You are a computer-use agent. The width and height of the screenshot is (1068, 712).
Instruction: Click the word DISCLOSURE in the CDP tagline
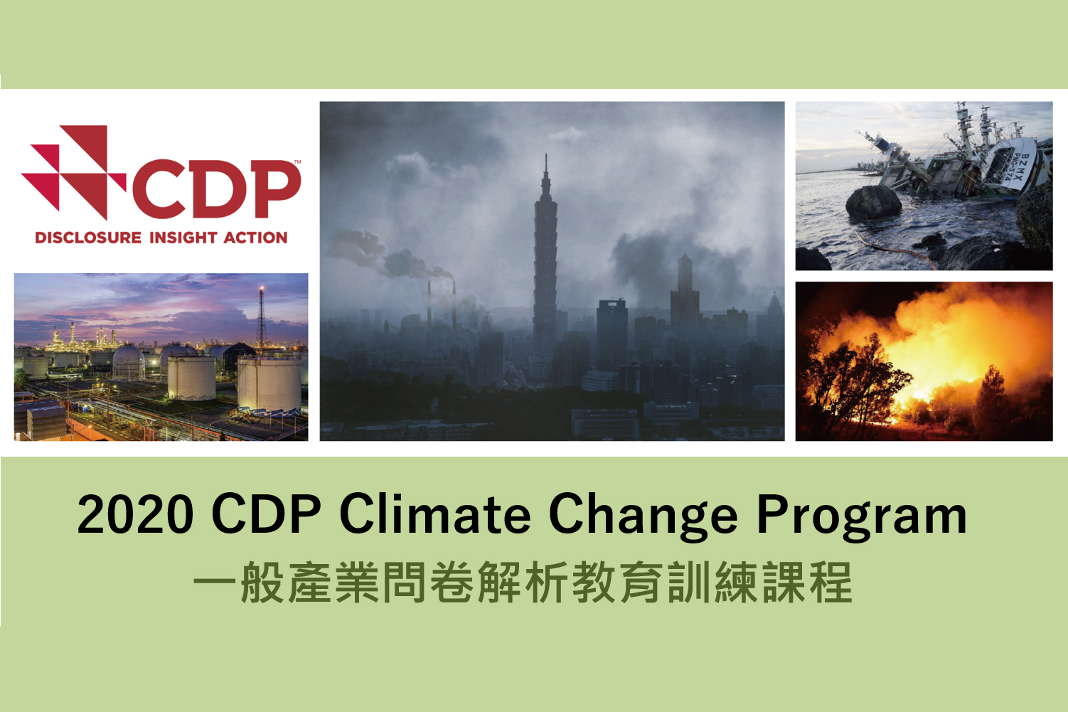click(88, 238)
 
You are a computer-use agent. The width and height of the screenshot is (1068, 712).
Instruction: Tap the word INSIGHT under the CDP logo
click(183, 238)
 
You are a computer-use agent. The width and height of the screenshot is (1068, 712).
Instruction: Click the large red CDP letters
click(216, 189)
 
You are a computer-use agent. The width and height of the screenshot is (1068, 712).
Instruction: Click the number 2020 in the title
click(135, 515)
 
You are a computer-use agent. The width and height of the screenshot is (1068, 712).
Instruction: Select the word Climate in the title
click(434, 514)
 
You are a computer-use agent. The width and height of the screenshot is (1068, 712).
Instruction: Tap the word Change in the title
click(644, 517)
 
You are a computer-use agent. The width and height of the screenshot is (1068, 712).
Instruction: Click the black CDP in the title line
click(266, 515)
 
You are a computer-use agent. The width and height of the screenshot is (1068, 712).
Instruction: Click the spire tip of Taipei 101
click(546, 154)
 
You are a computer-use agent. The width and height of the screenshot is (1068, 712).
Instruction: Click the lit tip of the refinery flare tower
click(261, 289)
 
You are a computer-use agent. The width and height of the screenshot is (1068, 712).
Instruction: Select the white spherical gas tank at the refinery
click(129, 361)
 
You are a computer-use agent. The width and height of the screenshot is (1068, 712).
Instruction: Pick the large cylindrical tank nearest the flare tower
click(269, 384)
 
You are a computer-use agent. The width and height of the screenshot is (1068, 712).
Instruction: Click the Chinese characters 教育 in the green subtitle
click(619, 583)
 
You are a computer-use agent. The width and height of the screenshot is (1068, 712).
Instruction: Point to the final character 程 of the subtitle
click(830, 583)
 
